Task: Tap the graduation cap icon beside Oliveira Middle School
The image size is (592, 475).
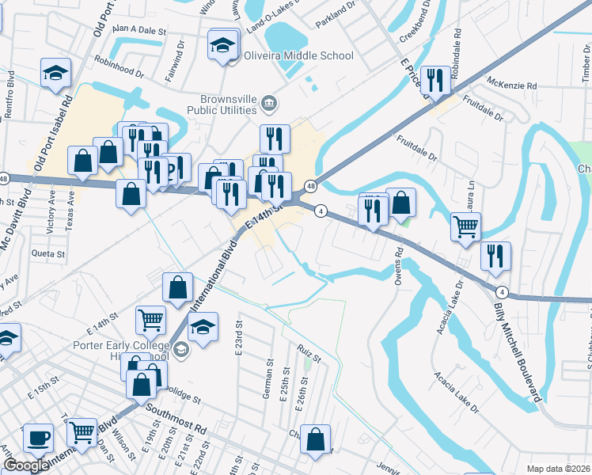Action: (224, 45)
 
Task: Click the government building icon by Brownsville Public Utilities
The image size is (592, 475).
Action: (269, 102)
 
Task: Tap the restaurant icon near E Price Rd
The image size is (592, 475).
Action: (435, 80)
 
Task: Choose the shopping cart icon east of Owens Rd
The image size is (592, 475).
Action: (466, 226)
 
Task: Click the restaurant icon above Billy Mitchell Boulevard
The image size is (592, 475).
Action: (495, 256)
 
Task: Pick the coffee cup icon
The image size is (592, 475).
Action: (37, 438)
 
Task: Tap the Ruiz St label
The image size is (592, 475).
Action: (309, 351)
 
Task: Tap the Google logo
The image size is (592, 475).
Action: (26, 465)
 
